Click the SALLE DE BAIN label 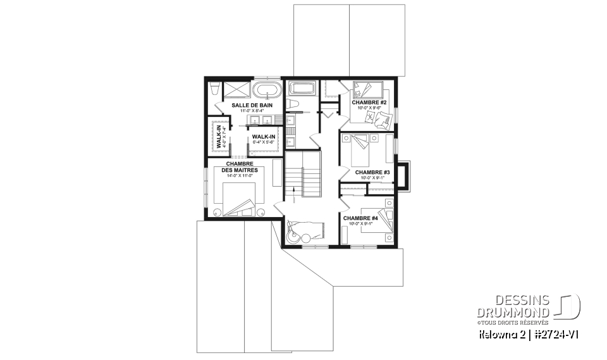pos(252,105)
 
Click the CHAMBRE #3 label pos(372,172)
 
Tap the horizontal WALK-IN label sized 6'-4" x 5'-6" pos(263,137)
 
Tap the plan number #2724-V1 pos(556,333)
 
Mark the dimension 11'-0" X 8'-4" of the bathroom pos(252,111)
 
